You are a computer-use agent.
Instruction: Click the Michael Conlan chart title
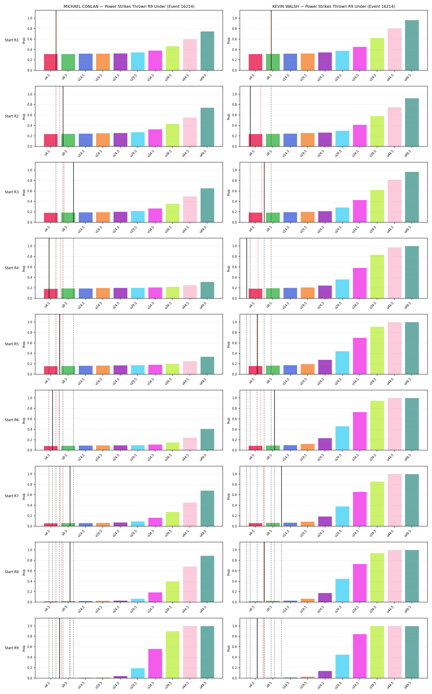129,6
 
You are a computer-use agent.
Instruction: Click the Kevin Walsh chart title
333,6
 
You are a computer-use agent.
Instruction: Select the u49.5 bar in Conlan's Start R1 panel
207,51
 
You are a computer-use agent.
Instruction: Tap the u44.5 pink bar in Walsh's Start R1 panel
395,49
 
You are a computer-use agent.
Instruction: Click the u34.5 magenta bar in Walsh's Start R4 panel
360,283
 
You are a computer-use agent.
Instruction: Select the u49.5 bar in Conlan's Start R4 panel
207,290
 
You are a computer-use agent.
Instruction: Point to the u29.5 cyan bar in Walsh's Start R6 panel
342,438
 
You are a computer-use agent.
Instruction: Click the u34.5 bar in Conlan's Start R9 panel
155,663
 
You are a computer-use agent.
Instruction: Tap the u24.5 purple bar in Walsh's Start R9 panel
325,674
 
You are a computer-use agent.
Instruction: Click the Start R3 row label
12,192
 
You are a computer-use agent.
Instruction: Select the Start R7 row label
12,496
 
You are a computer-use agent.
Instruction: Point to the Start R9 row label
12,648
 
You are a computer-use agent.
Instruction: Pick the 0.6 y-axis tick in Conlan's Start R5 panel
30,343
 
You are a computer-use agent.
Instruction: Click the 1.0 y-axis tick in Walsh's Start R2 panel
234,94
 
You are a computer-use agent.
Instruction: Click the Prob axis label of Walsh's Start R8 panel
229,572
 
